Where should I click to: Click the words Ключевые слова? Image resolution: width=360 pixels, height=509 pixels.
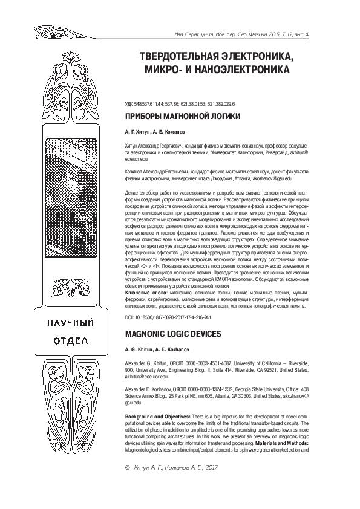(x=145, y=291)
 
